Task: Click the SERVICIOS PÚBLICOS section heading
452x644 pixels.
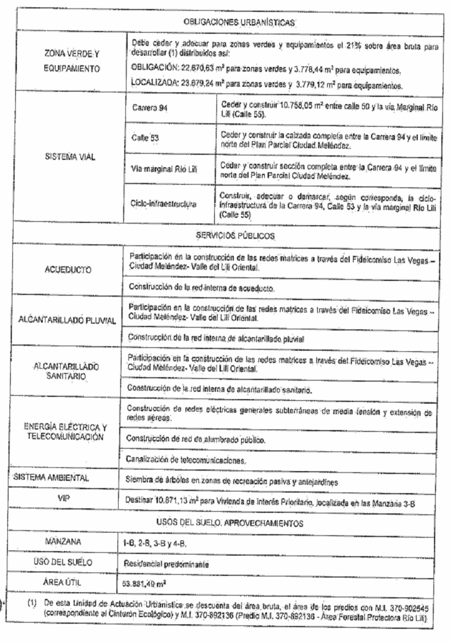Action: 231,231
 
